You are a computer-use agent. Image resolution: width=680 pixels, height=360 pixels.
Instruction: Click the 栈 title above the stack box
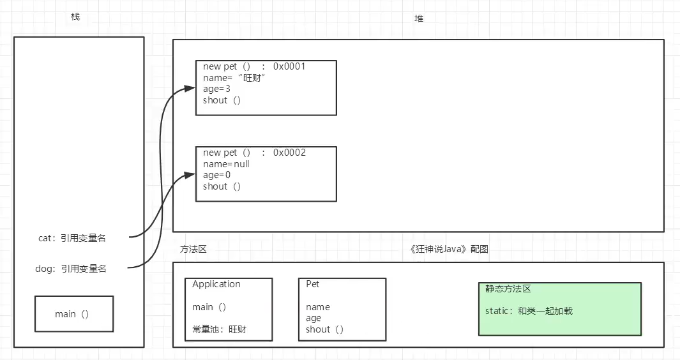(75, 17)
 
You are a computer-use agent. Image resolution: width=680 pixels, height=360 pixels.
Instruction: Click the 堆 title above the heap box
(419, 19)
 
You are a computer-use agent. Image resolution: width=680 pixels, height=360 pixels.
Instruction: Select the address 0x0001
(289, 66)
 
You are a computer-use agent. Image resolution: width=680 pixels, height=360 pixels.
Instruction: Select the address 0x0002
(289, 153)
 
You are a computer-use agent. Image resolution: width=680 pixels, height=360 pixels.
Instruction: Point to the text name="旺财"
(234, 78)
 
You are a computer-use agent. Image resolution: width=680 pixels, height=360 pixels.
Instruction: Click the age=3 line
(216, 89)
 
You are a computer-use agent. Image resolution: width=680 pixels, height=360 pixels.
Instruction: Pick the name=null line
(226, 164)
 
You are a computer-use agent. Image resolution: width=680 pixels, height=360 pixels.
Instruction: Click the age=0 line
(216, 175)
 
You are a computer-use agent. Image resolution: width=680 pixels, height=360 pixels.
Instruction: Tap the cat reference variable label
(72, 238)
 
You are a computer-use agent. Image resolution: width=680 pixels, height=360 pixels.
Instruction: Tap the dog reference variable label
(70, 269)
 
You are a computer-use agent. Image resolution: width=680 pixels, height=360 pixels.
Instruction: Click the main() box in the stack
(74, 314)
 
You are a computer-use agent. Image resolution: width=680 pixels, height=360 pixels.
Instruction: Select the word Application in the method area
(216, 284)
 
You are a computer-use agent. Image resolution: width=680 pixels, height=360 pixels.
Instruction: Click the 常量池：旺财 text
(219, 329)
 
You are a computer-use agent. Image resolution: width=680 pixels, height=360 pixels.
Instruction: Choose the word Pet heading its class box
(313, 284)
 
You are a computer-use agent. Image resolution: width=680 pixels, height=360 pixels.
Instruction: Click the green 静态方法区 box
(560, 309)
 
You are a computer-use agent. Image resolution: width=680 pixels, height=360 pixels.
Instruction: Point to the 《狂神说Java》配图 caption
(449, 249)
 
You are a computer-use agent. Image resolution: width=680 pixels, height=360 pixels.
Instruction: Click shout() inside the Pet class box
(324, 329)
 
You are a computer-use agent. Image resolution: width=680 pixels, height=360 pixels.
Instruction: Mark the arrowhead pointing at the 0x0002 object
(191, 174)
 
